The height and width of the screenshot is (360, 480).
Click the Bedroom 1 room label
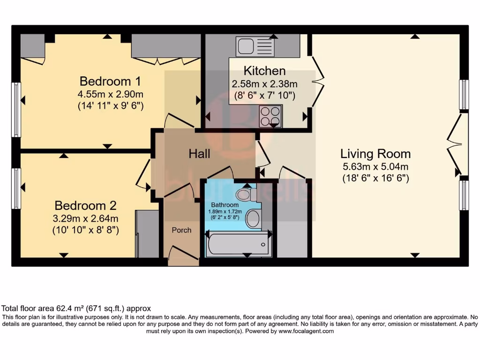click(x=110, y=81)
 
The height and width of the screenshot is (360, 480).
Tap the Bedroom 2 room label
click(x=85, y=205)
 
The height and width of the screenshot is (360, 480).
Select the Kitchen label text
click(x=264, y=71)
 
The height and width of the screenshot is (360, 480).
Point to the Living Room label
click(x=375, y=153)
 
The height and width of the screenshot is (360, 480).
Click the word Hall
click(x=199, y=153)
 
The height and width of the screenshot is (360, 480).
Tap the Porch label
click(x=181, y=230)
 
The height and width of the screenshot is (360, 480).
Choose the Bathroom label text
click(x=225, y=205)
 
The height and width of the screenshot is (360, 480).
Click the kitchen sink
click(x=256, y=47)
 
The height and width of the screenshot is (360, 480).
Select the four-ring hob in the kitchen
click(x=270, y=116)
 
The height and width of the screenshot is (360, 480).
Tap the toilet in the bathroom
click(x=246, y=194)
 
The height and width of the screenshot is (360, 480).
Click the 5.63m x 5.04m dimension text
click(x=375, y=166)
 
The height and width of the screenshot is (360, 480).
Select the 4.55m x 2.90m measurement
click(x=110, y=93)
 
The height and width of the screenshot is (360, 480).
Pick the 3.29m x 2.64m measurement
click(x=85, y=218)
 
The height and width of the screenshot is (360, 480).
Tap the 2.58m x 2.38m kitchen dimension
click(x=264, y=84)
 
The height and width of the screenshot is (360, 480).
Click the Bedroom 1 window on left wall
click(x=16, y=110)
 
